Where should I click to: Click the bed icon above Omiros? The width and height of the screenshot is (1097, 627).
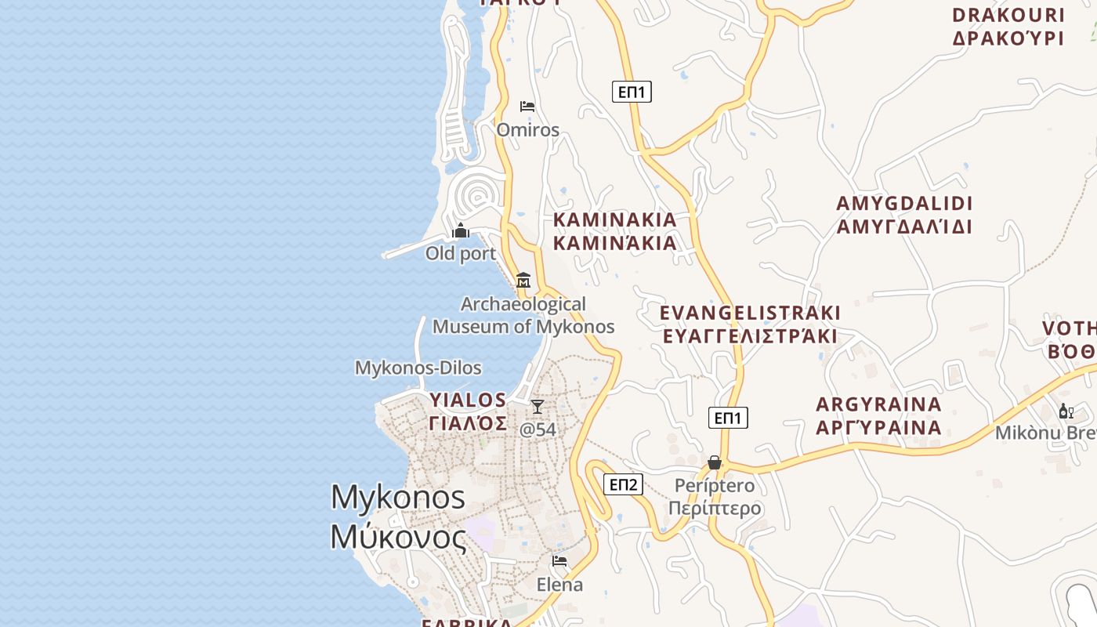tap(527, 106)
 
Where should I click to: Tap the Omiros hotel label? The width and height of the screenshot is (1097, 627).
tap(527, 129)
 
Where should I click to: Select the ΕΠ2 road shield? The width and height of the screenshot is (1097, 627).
tap(623, 484)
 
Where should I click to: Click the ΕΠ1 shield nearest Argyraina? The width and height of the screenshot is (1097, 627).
tap(728, 418)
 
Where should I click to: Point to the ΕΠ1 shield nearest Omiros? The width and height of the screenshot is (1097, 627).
tap(632, 92)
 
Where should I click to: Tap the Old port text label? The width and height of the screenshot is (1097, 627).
tap(461, 253)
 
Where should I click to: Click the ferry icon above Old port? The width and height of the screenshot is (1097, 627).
tap(461, 230)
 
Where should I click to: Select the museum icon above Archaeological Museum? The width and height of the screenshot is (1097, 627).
tap(523, 280)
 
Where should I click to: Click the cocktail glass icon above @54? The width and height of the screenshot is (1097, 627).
tap(538, 406)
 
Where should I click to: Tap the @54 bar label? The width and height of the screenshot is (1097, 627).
tap(538, 429)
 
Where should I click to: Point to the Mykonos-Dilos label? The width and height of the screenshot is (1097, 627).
tap(418, 368)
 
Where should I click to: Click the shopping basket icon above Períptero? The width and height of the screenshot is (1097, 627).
tap(715, 462)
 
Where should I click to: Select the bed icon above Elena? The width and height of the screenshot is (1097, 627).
tap(559, 561)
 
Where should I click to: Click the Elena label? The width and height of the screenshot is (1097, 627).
tap(559, 585)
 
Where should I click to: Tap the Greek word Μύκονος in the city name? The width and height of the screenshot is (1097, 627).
tap(398, 538)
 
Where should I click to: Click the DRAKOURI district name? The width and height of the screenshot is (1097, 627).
tap(1008, 15)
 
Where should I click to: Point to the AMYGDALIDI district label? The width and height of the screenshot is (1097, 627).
tap(904, 204)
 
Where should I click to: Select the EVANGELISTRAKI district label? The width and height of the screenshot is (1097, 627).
tap(750, 313)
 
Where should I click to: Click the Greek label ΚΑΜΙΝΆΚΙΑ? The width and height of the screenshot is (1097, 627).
tap(615, 243)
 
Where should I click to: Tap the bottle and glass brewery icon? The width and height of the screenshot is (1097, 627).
tap(1066, 411)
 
